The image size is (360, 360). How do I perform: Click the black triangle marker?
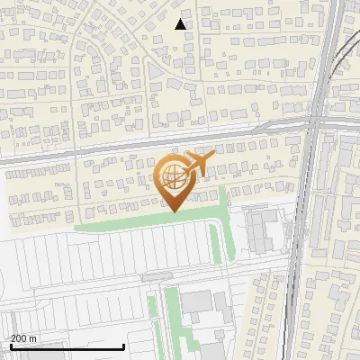click(181, 24)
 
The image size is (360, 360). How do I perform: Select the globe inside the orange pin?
click(172, 176)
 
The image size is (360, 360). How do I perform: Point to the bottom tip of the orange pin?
click(172, 212)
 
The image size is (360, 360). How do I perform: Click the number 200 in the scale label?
click(19, 338)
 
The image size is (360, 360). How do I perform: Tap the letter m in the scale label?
click(33, 338)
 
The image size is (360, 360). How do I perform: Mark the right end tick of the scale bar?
click(123, 346)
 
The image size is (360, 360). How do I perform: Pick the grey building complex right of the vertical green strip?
click(262, 230)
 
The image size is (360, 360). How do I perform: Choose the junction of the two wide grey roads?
click(315, 123)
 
